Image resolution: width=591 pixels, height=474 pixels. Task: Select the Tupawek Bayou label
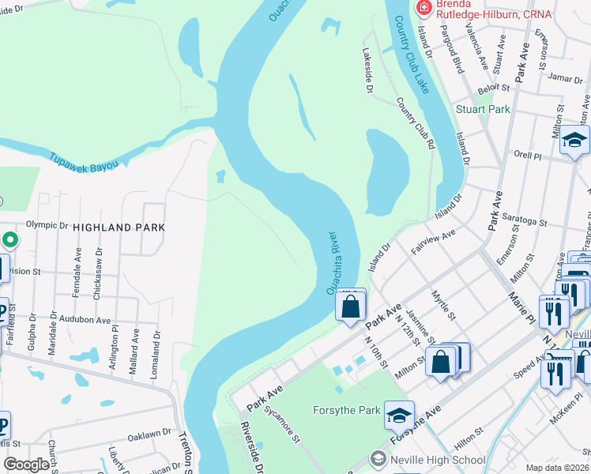tap(82, 161)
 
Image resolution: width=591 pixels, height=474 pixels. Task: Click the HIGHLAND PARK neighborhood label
tap(119, 227)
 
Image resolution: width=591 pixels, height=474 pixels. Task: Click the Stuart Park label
tap(483, 109)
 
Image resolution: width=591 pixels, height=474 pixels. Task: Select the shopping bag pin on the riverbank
tap(351, 305)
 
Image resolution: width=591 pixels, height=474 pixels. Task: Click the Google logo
tap(26, 465)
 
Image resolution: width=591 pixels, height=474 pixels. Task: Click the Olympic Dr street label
tap(47, 224)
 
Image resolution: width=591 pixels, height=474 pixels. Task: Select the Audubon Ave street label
tap(92, 321)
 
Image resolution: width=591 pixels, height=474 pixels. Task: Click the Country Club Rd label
tap(416, 123)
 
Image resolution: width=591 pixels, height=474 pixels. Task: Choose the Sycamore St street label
tap(281, 423)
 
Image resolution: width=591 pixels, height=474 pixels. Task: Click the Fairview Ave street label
tap(434, 242)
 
